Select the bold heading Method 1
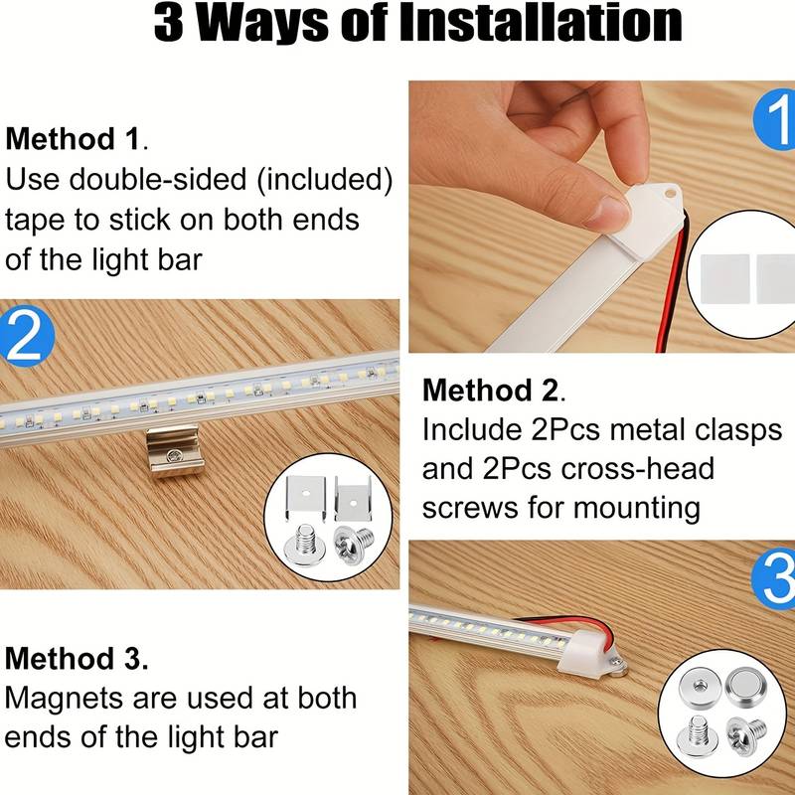pyautogui.click(x=76, y=138)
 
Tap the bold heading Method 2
pyautogui.click(x=493, y=390)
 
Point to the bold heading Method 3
pyautogui.click(x=77, y=658)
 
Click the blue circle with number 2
pyautogui.click(x=24, y=335)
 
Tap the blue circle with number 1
pyautogui.click(x=775, y=125)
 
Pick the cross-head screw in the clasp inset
pyautogui.click(x=355, y=546)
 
